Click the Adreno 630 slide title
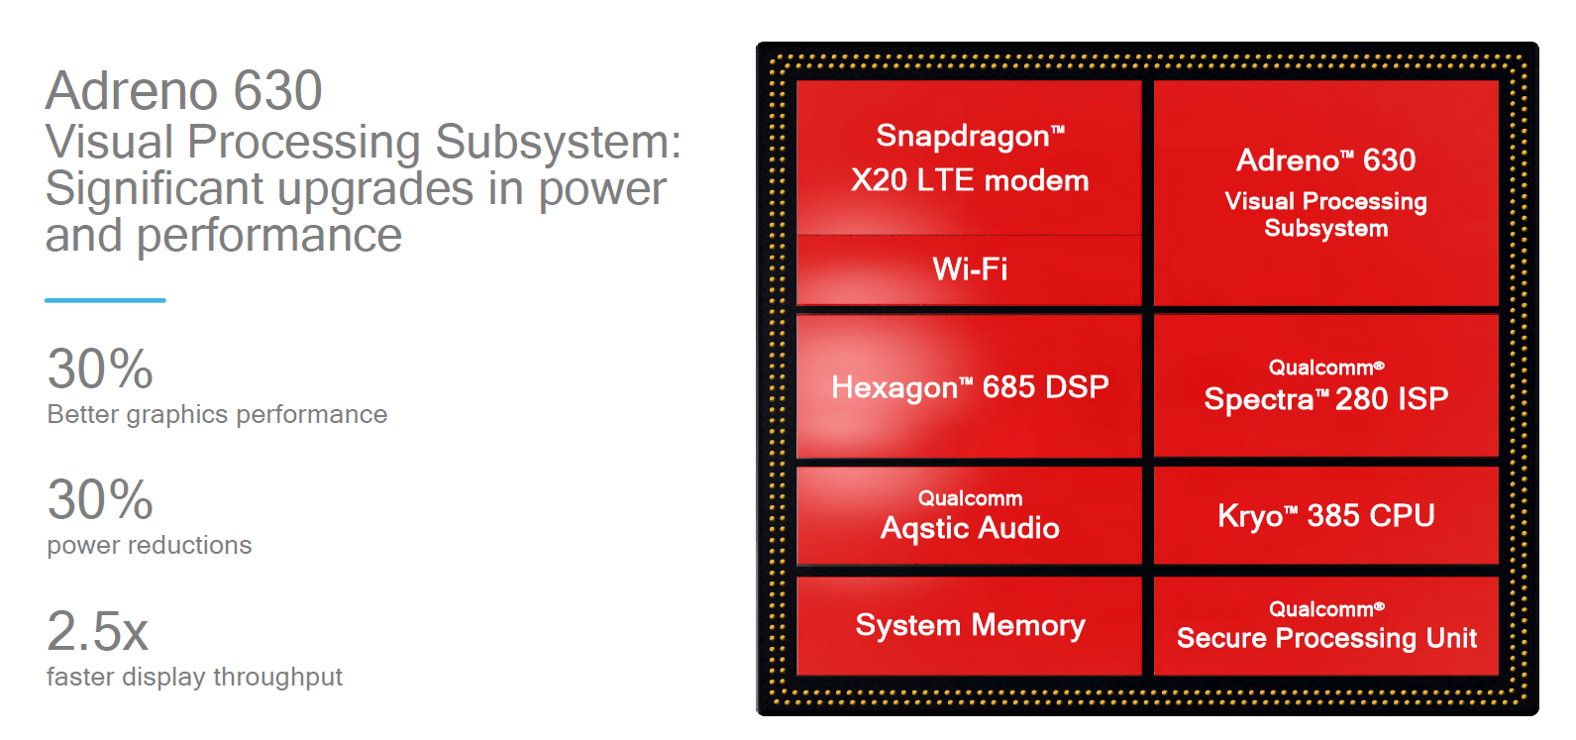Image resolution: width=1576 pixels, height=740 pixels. click(184, 91)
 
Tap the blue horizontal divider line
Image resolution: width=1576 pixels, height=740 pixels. click(105, 299)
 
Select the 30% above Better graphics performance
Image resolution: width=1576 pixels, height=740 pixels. click(100, 369)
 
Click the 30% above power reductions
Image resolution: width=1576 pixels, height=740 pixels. click(100, 499)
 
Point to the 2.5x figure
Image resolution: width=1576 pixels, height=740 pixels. click(97, 631)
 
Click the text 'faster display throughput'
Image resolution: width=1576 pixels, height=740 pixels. click(194, 677)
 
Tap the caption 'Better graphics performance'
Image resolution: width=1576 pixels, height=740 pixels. click(217, 414)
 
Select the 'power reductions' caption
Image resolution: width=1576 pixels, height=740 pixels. click(149, 545)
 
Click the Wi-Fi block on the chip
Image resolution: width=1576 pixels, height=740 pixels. click(970, 269)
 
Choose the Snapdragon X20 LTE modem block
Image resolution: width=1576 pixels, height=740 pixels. click(970, 159)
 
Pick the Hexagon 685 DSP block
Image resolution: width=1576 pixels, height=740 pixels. click(970, 386)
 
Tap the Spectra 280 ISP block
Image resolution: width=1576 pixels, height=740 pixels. click(1326, 386)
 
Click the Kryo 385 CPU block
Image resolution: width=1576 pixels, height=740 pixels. click(1326, 515)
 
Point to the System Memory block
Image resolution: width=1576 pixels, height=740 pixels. click(970, 625)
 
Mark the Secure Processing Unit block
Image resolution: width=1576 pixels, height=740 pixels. click(1326, 626)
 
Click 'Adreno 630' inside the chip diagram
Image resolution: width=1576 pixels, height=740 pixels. click(1326, 160)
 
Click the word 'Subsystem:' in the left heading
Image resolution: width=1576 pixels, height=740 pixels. click(559, 142)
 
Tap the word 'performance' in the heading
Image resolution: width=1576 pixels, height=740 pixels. click(269, 236)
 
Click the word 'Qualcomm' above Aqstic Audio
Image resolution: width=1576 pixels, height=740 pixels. click(970, 498)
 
